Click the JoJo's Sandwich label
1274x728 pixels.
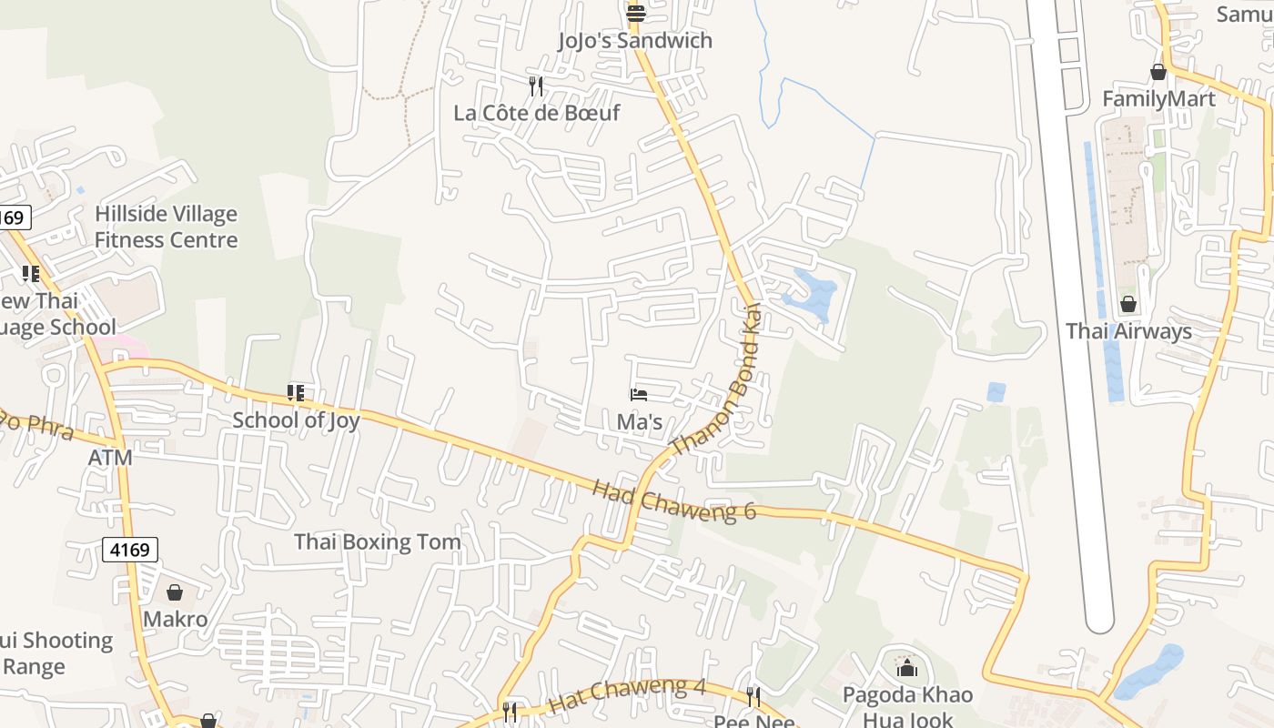point(635,41)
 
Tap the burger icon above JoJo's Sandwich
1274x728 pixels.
point(635,13)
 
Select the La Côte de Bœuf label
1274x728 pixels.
point(537,113)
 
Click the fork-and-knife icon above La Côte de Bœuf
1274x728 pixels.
point(536,86)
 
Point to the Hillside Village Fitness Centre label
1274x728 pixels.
point(166,227)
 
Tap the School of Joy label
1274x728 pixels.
point(296,420)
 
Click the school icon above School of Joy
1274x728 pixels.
point(295,393)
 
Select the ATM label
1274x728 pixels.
point(110,458)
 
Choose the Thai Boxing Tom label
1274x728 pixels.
point(377,542)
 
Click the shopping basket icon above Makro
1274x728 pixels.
point(175,592)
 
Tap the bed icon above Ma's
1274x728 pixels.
point(639,395)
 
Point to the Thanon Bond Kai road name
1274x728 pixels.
point(716,380)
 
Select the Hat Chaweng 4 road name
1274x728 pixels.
point(627,694)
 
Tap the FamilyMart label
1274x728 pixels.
point(1158,98)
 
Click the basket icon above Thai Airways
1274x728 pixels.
point(1128,304)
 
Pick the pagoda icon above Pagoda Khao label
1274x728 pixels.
point(906,670)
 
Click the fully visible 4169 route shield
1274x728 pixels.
point(130,550)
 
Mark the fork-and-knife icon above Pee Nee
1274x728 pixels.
point(753,697)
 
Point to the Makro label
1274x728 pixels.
point(176,620)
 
